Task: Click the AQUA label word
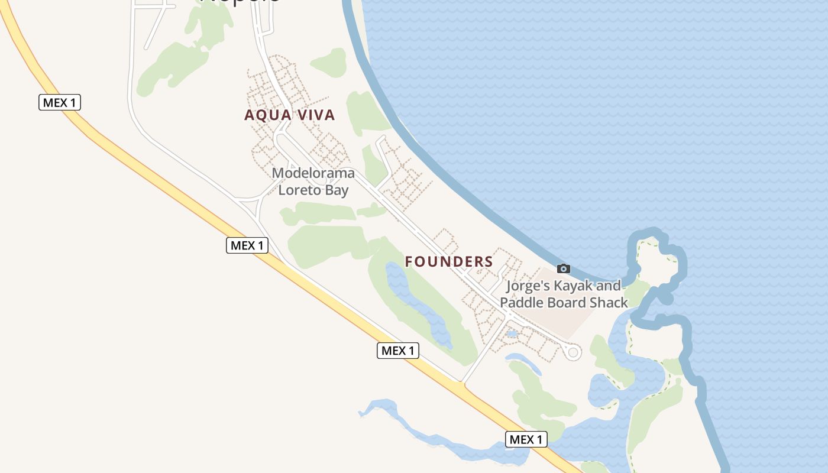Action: click(x=268, y=115)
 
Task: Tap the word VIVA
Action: click(x=313, y=115)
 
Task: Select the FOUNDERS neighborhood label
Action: click(x=449, y=261)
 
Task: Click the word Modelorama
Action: click(x=313, y=173)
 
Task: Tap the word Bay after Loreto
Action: click(x=337, y=190)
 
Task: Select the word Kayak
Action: click(x=574, y=286)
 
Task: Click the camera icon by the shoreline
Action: click(x=564, y=269)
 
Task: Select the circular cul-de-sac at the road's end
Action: click(x=573, y=352)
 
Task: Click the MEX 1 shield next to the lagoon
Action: click(x=526, y=439)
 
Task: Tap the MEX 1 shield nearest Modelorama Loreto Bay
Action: click(x=247, y=245)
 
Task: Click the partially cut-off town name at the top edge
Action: click(x=240, y=2)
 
